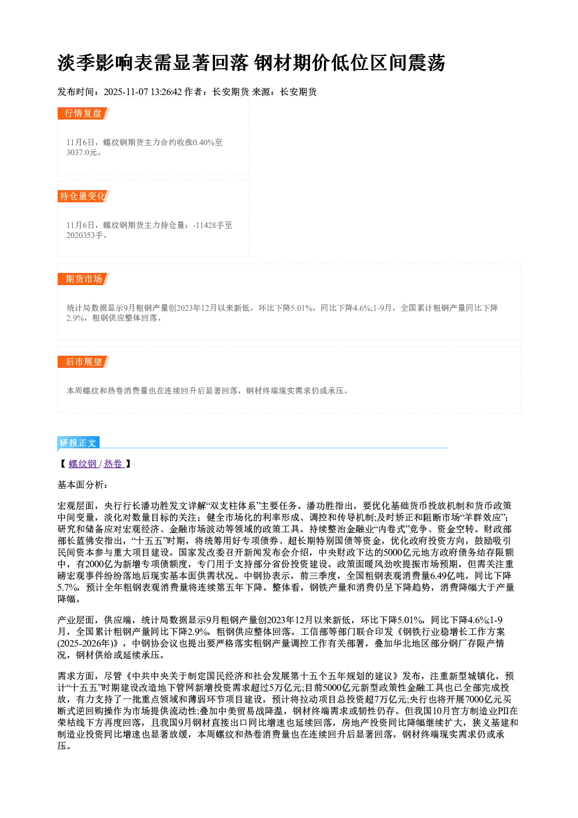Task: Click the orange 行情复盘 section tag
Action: click(x=83, y=113)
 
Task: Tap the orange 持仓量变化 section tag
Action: click(x=83, y=196)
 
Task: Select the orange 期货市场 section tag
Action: click(x=83, y=279)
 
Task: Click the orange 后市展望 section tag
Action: click(x=83, y=362)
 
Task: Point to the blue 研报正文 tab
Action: click(x=78, y=443)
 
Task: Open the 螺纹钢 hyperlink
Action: click(x=83, y=464)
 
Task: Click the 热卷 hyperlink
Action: click(x=113, y=464)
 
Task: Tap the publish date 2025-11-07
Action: click(x=126, y=92)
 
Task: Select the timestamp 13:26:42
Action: click(x=166, y=92)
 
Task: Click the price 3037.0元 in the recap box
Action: click(x=82, y=152)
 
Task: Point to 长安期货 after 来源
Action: click(x=298, y=92)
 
